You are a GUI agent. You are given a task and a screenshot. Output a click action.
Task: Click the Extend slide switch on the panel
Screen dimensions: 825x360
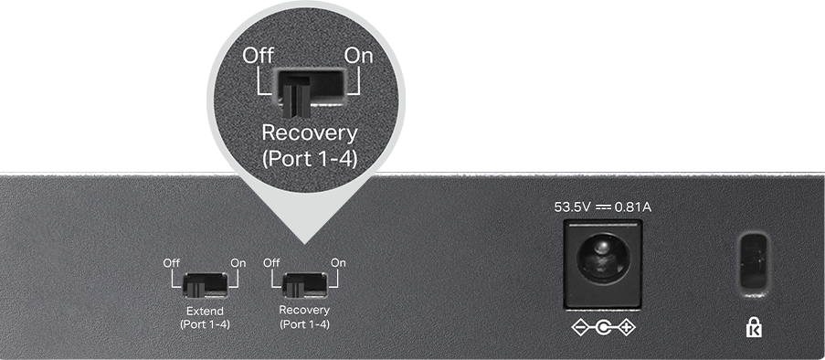click(x=206, y=285)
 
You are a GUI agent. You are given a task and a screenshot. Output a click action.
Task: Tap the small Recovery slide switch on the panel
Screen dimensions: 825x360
click(x=305, y=285)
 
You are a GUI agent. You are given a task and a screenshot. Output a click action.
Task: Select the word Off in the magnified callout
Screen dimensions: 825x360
click(x=258, y=56)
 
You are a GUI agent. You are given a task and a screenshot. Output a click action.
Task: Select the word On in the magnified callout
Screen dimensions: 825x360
click(x=358, y=56)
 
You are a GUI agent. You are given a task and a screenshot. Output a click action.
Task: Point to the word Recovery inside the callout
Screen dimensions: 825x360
click(x=310, y=133)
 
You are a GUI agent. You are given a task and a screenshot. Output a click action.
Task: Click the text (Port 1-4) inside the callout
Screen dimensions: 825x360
click(x=310, y=158)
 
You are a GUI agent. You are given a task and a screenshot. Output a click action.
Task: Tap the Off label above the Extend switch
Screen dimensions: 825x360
click(x=171, y=262)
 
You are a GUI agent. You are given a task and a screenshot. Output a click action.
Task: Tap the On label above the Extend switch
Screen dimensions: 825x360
click(x=238, y=262)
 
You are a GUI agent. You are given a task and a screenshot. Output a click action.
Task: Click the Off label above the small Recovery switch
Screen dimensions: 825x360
click(x=271, y=262)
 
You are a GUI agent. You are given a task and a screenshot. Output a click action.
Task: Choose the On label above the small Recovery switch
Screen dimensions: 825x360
click(x=338, y=262)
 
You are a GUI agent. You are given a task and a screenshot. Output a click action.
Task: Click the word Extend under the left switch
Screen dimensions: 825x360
click(x=206, y=311)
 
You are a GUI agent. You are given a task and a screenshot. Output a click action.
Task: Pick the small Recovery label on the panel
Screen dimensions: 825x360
click(x=304, y=310)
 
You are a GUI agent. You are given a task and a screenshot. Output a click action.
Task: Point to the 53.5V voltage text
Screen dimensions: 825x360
click(x=573, y=207)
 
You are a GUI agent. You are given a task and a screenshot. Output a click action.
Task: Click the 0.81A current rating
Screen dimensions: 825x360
click(x=633, y=207)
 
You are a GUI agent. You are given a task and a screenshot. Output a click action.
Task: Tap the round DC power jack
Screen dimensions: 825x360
click(x=603, y=259)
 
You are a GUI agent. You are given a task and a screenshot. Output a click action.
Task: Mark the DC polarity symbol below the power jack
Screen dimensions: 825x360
click(x=604, y=328)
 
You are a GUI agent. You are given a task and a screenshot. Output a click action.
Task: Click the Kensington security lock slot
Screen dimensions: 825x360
click(x=754, y=262)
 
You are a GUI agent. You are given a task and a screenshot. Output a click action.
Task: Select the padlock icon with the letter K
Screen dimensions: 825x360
click(x=754, y=327)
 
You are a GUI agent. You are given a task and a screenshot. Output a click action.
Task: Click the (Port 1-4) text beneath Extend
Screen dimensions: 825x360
click(x=206, y=324)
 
